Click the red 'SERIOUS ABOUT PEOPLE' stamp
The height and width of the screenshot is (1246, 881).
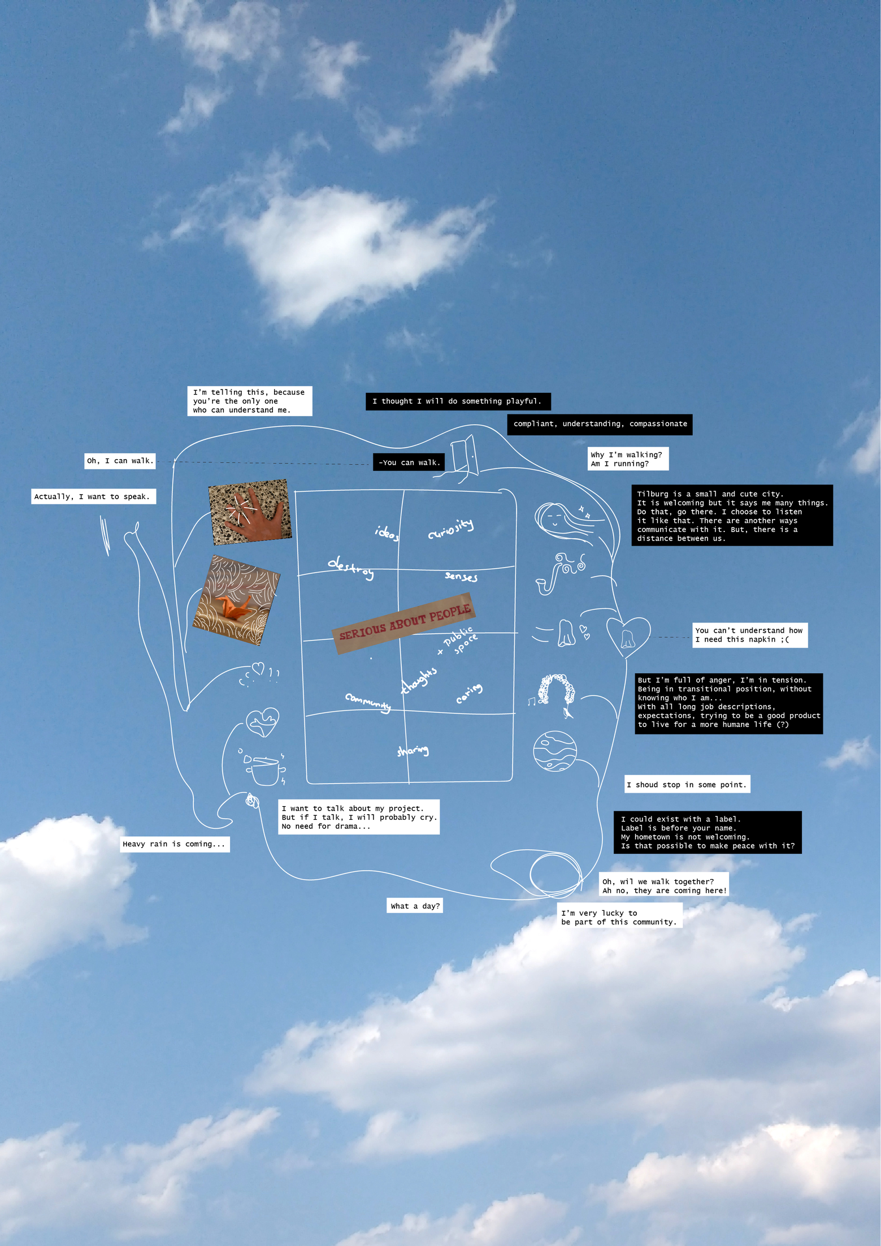(404, 622)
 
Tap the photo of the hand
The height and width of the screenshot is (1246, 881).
(250, 512)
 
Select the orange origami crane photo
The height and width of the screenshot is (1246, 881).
(236, 600)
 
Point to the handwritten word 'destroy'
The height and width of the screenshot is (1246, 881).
(351, 568)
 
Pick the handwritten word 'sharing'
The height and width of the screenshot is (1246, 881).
(413, 750)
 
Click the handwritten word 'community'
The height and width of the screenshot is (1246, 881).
(368, 702)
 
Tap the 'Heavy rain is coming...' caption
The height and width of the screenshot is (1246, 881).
(174, 844)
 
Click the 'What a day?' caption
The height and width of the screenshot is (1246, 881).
(415, 906)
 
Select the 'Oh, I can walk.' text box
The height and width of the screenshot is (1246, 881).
(120, 461)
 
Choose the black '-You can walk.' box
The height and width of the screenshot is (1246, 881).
(409, 462)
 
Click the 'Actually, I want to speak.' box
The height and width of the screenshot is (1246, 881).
(93, 496)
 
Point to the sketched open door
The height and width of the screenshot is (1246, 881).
(465, 456)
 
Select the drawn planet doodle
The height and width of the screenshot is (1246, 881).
(555, 751)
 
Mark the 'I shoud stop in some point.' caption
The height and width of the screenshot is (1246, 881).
(687, 785)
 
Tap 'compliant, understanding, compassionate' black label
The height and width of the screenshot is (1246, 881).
(600, 424)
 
